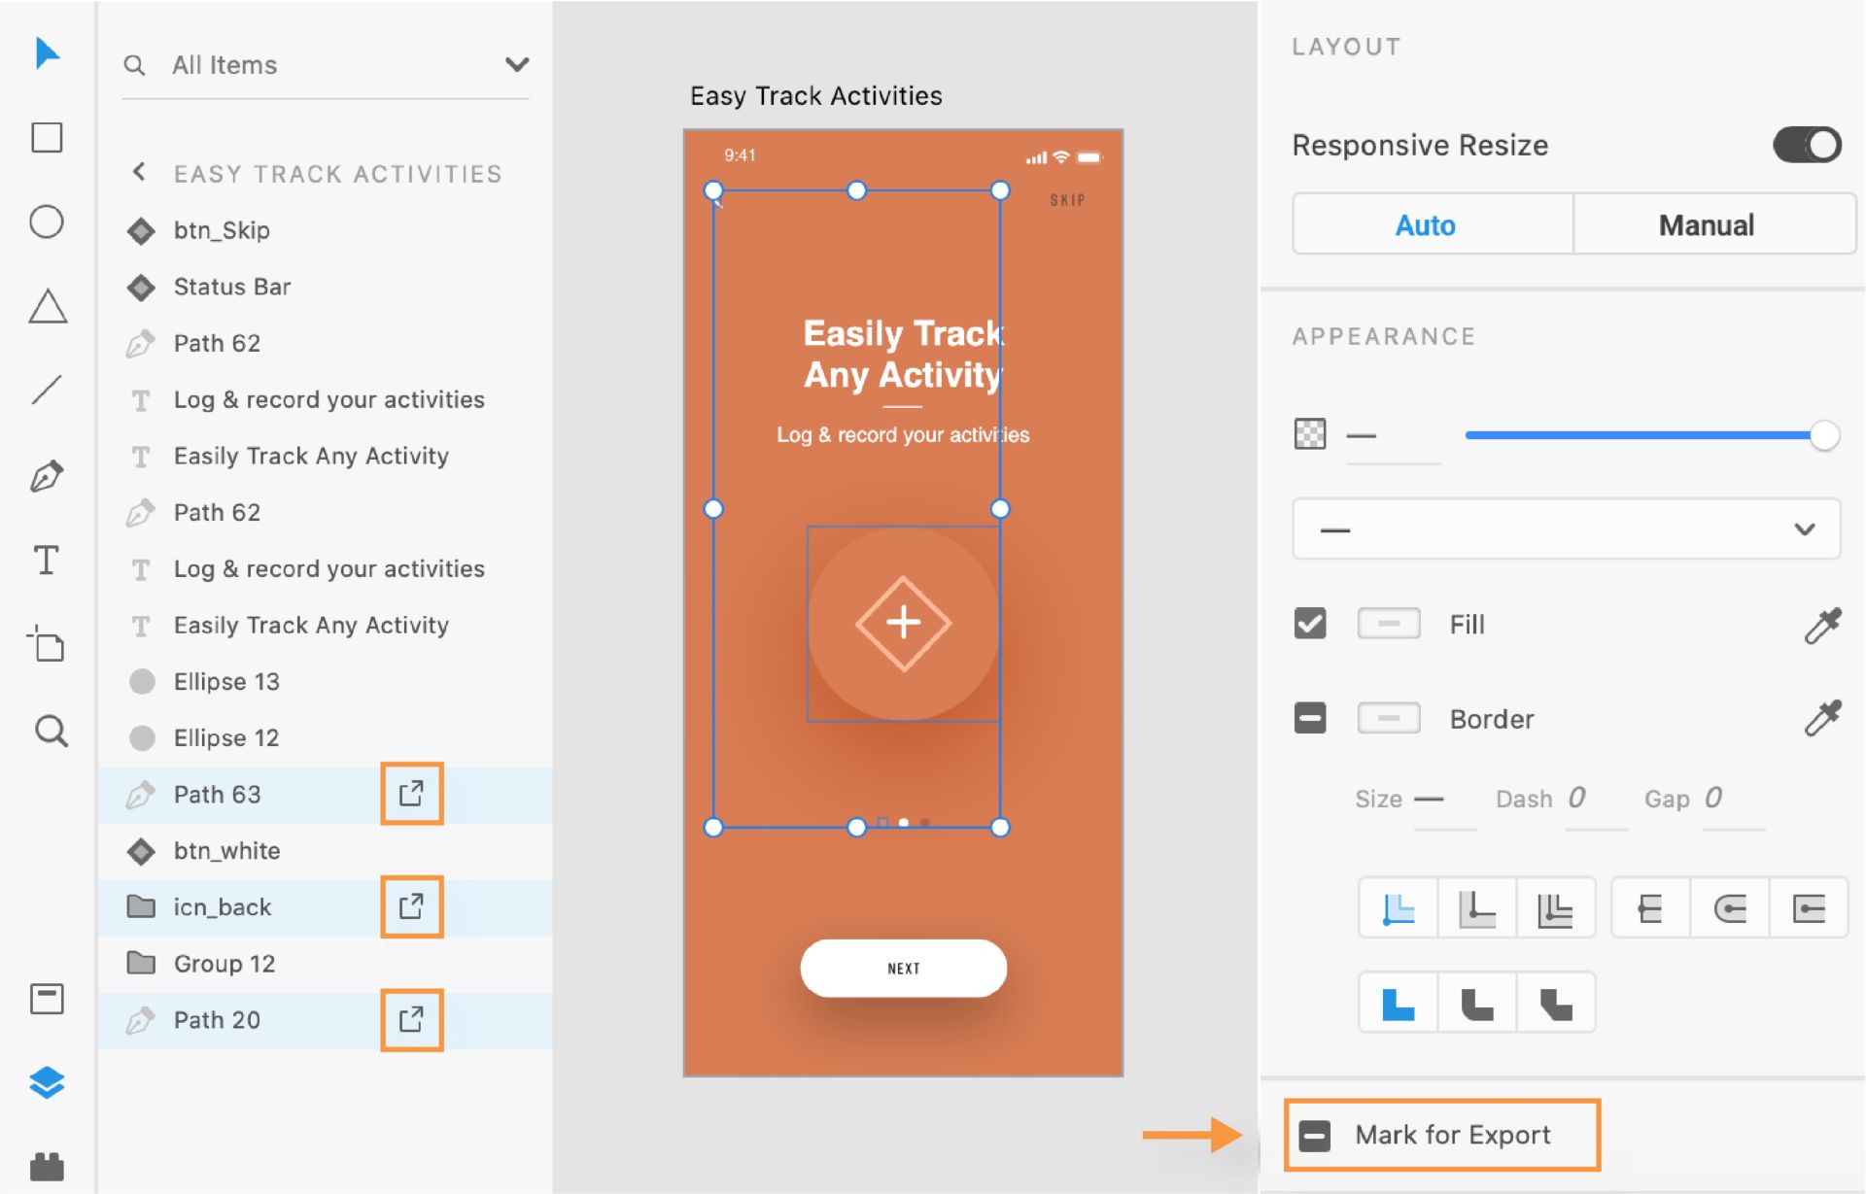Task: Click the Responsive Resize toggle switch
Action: pyautogui.click(x=1807, y=146)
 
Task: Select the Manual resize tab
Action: pyautogui.click(x=1707, y=225)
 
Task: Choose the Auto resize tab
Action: pyautogui.click(x=1426, y=225)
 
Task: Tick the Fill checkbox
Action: pyautogui.click(x=1310, y=623)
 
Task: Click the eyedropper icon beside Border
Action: pyautogui.click(x=1822, y=718)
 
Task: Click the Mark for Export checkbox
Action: pyautogui.click(x=1314, y=1135)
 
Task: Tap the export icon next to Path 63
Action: pyautogui.click(x=411, y=794)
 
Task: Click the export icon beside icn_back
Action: pyautogui.click(x=411, y=906)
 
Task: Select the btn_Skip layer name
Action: pyautogui.click(x=222, y=230)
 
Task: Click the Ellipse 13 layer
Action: pyautogui.click(x=226, y=681)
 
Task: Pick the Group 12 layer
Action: pyautogui.click(x=225, y=964)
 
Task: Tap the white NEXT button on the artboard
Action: pyautogui.click(x=903, y=968)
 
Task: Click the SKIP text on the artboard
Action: pyautogui.click(x=1067, y=200)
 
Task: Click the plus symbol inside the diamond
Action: pyautogui.click(x=904, y=622)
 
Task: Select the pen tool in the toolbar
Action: pyautogui.click(x=47, y=476)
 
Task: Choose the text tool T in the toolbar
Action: pyautogui.click(x=47, y=561)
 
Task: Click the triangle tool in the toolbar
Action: pyautogui.click(x=48, y=306)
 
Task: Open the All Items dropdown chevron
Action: pyautogui.click(x=517, y=64)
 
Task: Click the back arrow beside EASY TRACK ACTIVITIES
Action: pyautogui.click(x=139, y=172)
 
